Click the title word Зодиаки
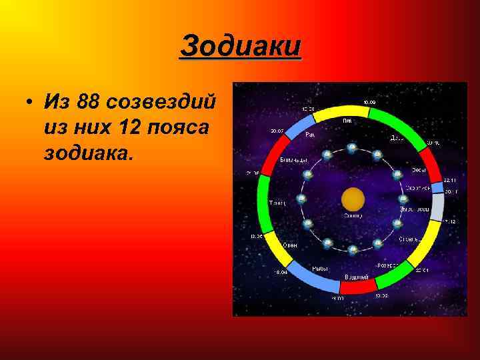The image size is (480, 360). [241, 47]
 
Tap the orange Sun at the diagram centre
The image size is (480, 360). [353, 199]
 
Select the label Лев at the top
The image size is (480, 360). [347, 121]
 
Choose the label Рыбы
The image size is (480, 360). [320, 268]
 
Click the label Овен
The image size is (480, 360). [289, 245]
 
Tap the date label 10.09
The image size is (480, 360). [369, 102]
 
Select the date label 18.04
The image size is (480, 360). [280, 272]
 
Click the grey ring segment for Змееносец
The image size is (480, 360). [437, 207]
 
